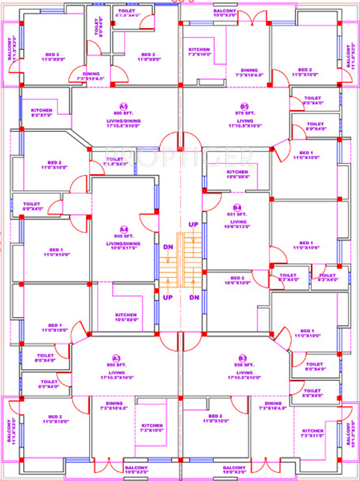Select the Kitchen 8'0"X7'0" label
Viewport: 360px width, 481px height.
point(42,113)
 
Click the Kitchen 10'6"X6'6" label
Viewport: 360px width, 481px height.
point(237,174)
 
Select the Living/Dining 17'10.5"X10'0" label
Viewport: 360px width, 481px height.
point(123,123)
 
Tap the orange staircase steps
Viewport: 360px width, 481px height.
point(181,260)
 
